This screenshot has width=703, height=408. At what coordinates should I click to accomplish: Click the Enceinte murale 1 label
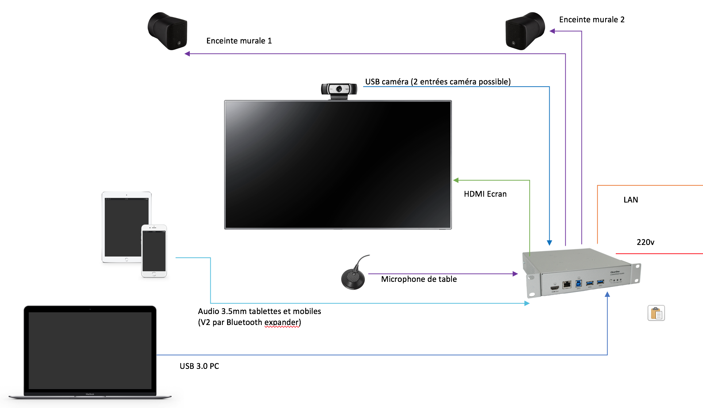pyautogui.click(x=239, y=41)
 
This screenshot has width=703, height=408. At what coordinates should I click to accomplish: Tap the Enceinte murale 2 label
pyautogui.click(x=591, y=20)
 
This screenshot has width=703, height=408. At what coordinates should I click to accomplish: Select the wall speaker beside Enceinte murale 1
pyautogui.click(x=168, y=31)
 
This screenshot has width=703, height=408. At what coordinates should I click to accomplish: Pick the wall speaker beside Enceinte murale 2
pyautogui.click(x=525, y=31)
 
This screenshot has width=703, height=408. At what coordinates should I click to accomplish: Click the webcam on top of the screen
pyautogui.click(x=339, y=89)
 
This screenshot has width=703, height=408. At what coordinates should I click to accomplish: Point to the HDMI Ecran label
pyautogui.click(x=485, y=194)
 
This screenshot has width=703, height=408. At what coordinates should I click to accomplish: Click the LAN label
pyautogui.click(x=630, y=200)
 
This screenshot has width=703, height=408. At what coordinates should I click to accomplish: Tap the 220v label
pyautogui.click(x=645, y=242)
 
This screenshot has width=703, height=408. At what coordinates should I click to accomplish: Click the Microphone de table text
pyautogui.click(x=419, y=279)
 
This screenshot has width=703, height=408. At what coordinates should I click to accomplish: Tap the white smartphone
pyautogui.click(x=154, y=251)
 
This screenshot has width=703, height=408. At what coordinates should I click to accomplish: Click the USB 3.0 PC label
pyautogui.click(x=199, y=366)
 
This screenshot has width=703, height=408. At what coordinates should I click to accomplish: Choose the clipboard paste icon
pyautogui.click(x=656, y=313)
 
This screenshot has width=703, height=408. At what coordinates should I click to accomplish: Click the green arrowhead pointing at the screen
pyautogui.click(x=456, y=180)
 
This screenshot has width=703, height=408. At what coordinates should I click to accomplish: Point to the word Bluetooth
pyautogui.click(x=244, y=322)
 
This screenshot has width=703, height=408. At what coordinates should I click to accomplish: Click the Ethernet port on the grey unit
pyautogui.click(x=567, y=284)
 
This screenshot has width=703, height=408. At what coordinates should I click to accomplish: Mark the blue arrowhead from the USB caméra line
pyautogui.click(x=549, y=243)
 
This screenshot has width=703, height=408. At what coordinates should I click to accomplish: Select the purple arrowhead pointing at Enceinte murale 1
pyautogui.click(x=187, y=54)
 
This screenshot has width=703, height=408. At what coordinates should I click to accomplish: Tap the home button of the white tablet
pyautogui.click(x=127, y=260)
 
